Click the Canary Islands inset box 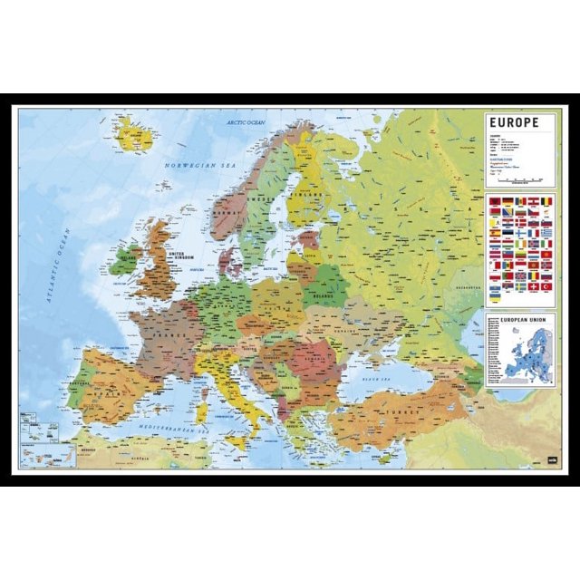[45, 452]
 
